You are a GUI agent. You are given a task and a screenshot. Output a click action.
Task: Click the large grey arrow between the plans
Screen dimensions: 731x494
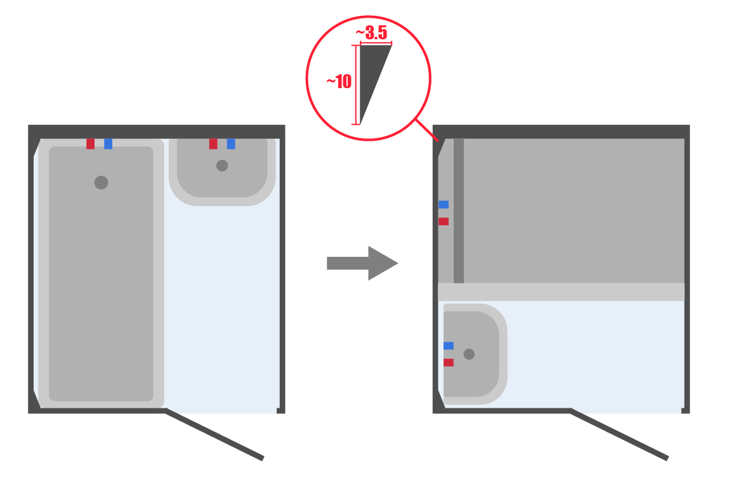click(x=362, y=263)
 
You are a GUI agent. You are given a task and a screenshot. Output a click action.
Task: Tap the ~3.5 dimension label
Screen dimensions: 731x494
click(x=372, y=32)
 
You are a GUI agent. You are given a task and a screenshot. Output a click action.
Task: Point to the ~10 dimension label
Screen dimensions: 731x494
click(x=339, y=82)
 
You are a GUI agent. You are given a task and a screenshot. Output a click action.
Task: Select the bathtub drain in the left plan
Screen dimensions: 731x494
click(x=101, y=183)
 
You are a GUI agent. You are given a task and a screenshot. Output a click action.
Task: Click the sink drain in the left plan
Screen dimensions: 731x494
click(x=222, y=166)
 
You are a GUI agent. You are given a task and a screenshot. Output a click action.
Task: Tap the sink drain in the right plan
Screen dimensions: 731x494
click(x=469, y=354)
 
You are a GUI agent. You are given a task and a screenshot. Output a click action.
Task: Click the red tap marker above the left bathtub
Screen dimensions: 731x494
click(x=91, y=143)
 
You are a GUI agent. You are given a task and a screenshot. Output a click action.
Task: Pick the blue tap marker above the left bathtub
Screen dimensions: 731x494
click(x=108, y=143)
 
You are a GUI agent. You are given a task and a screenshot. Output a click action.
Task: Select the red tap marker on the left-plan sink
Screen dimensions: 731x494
click(x=213, y=143)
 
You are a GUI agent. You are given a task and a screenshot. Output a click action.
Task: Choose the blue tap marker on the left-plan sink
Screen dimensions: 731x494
click(x=231, y=143)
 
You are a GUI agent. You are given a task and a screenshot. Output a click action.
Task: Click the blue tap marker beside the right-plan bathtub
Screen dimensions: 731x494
click(x=444, y=205)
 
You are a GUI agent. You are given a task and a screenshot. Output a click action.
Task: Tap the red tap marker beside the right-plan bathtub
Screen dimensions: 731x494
click(x=444, y=221)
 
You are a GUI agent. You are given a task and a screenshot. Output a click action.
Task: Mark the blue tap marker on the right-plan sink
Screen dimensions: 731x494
click(x=449, y=346)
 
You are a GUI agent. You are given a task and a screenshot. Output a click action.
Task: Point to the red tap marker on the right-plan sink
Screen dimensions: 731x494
click(x=449, y=363)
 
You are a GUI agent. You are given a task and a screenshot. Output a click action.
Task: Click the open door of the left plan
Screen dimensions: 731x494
click(x=215, y=435)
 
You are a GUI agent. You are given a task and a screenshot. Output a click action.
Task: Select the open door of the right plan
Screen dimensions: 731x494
click(x=619, y=435)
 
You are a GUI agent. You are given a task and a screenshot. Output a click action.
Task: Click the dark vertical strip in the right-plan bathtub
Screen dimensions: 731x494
click(x=459, y=211)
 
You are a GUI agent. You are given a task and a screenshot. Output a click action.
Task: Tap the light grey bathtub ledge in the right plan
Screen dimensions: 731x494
click(x=562, y=292)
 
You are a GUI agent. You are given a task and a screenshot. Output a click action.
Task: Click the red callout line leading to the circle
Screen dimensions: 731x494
click(x=427, y=130)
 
